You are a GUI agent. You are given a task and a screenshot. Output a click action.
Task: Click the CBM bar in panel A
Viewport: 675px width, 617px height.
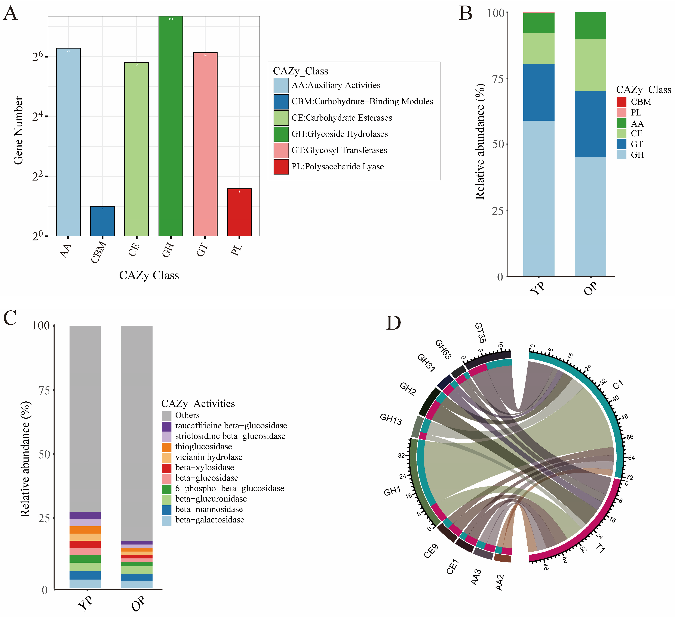point(102,221)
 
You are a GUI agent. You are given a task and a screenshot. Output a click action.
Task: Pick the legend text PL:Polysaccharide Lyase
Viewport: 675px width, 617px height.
point(338,167)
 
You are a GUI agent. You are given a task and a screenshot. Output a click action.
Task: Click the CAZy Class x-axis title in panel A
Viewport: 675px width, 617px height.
point(149,275)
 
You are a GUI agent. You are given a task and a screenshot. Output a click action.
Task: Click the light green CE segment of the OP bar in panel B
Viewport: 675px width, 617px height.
point(590,65)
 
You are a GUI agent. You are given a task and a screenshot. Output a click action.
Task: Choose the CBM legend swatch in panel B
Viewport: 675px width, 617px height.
point(621,102)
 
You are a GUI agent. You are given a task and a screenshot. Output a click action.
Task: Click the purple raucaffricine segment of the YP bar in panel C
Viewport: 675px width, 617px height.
point(85,515)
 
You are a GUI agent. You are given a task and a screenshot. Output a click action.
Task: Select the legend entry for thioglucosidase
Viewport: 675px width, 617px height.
point(203,447)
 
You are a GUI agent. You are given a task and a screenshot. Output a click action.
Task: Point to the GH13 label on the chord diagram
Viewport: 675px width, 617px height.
point(391,419)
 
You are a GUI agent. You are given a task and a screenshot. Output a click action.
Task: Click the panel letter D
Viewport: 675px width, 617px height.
point(393,323)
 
